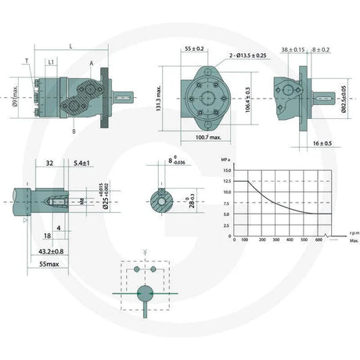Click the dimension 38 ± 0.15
point(293,49)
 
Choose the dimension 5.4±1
point(81,163)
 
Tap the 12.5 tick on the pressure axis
point(225,181)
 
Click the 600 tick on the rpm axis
point(319,239)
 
